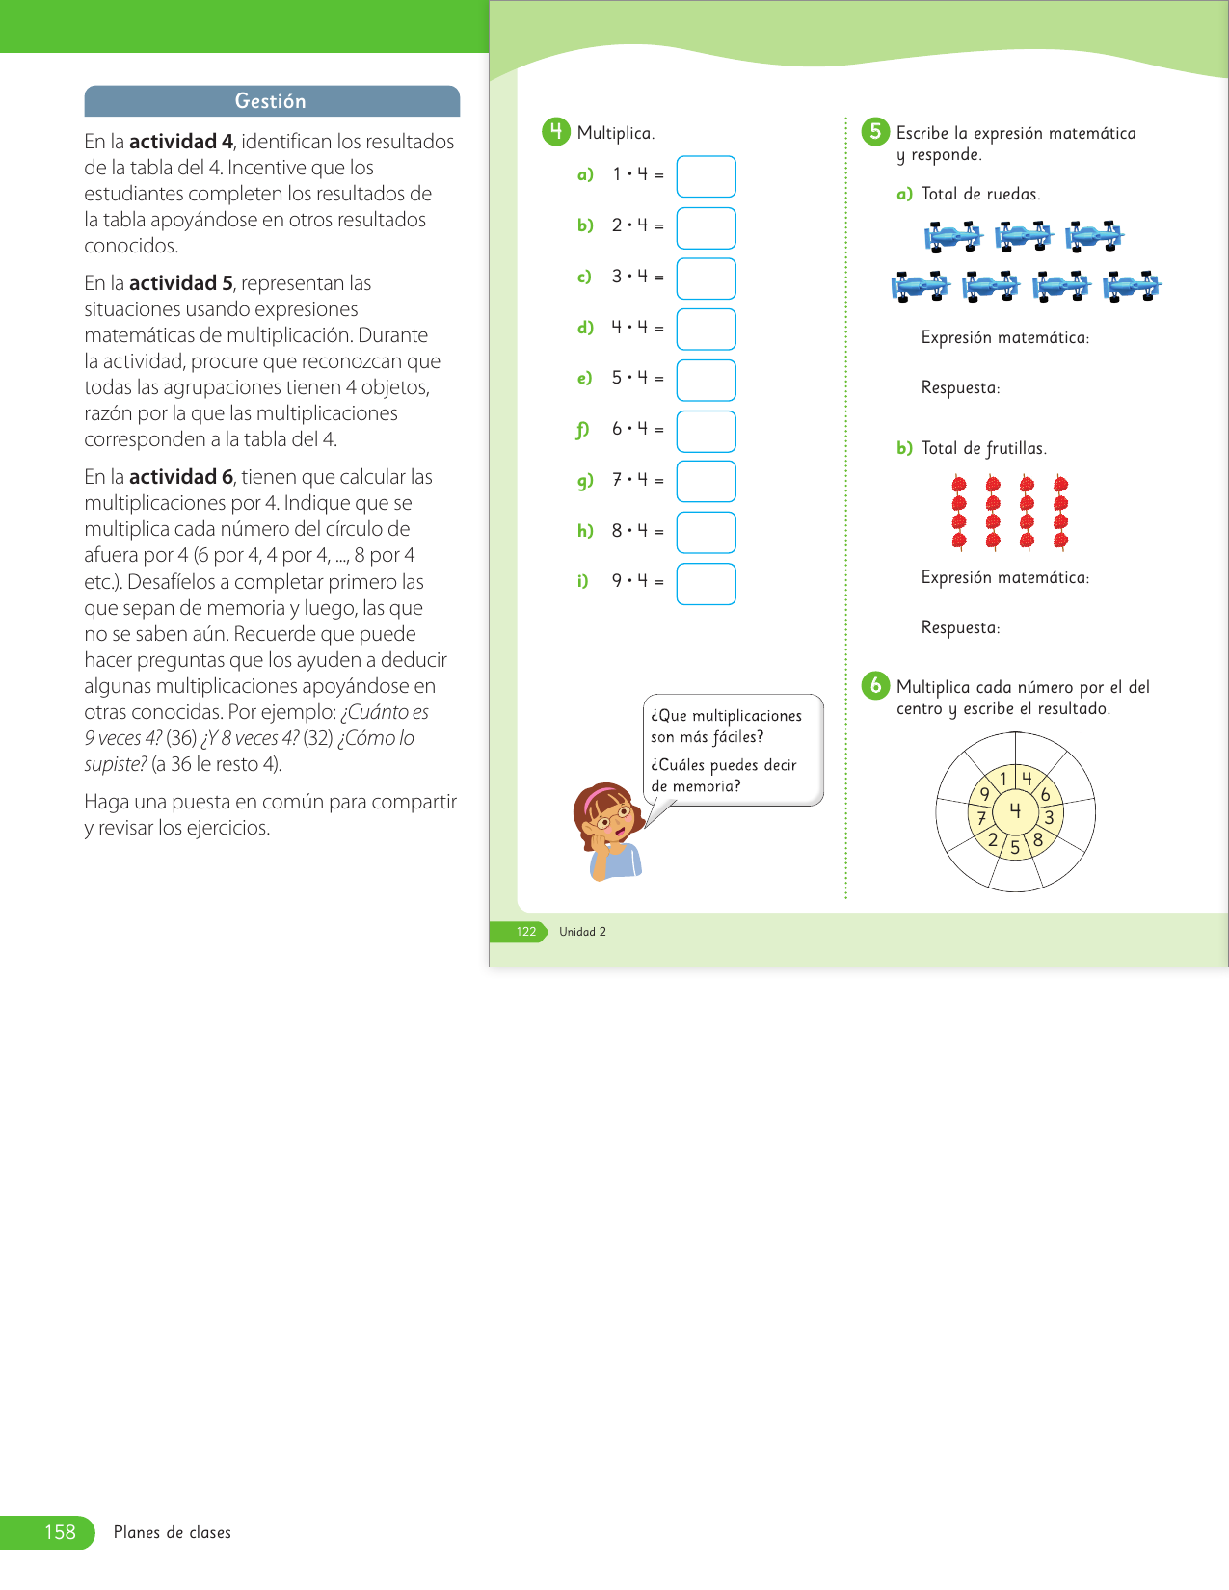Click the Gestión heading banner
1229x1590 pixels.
pyautogui.click(x=272, y=101)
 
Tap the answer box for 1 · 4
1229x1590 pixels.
pyautogui.click(x=706, y=176)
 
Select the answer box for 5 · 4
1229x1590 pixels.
pyautogui.click(x=706, y=380)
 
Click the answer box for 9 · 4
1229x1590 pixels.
pyautogui.click(x=706, y=584)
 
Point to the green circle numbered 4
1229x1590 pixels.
pyautogui.click(x=556, y=132)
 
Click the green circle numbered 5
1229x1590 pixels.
pyautogui.click(x=875, y=132)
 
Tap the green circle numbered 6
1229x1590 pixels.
pyautogui.click(x=875, y=685)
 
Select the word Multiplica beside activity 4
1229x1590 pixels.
pyautogui.click(x=615, y=133)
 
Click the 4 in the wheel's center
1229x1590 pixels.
pyautogui.click(x=1015, y=810)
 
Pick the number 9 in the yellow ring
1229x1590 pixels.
pyautogui.click(x=985, y=794)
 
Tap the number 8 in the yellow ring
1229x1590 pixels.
pyautogui.click(x=1038, y=839)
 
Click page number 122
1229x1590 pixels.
pyautogui.click(x=526, y=932)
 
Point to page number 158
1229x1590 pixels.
pyautogui.click(x=60, y=1532)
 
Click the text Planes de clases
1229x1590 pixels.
pyautogui.click(x=173, y=1532)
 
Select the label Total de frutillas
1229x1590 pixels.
pyautogui.click(x=983, y=448)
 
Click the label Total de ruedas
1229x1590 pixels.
pyautogui.click(x=980, y=194)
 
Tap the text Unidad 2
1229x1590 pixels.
pyautogui.click(x=582, y=932)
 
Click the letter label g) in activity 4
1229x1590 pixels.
pyautogui.click(x=585, y=480)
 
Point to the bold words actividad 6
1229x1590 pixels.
pyautogui.click(x=181, y=477)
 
